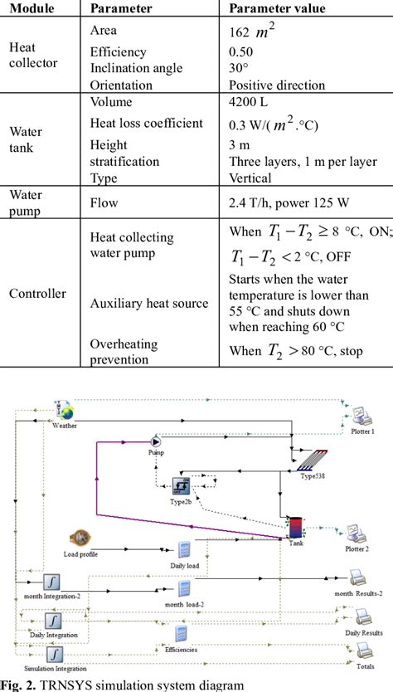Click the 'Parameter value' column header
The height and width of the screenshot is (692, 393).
[277, 8]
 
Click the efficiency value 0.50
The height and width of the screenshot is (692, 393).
[241, 51]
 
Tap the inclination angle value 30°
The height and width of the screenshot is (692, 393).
[239, 68]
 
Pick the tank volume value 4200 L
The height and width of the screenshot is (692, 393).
[247, 104]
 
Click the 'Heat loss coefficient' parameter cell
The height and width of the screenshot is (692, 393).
[146, 124]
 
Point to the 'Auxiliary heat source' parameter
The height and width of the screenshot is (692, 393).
[148, 304]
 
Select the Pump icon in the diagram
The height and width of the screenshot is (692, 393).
[155, 443]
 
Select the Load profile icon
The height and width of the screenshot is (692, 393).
[81, 537]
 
